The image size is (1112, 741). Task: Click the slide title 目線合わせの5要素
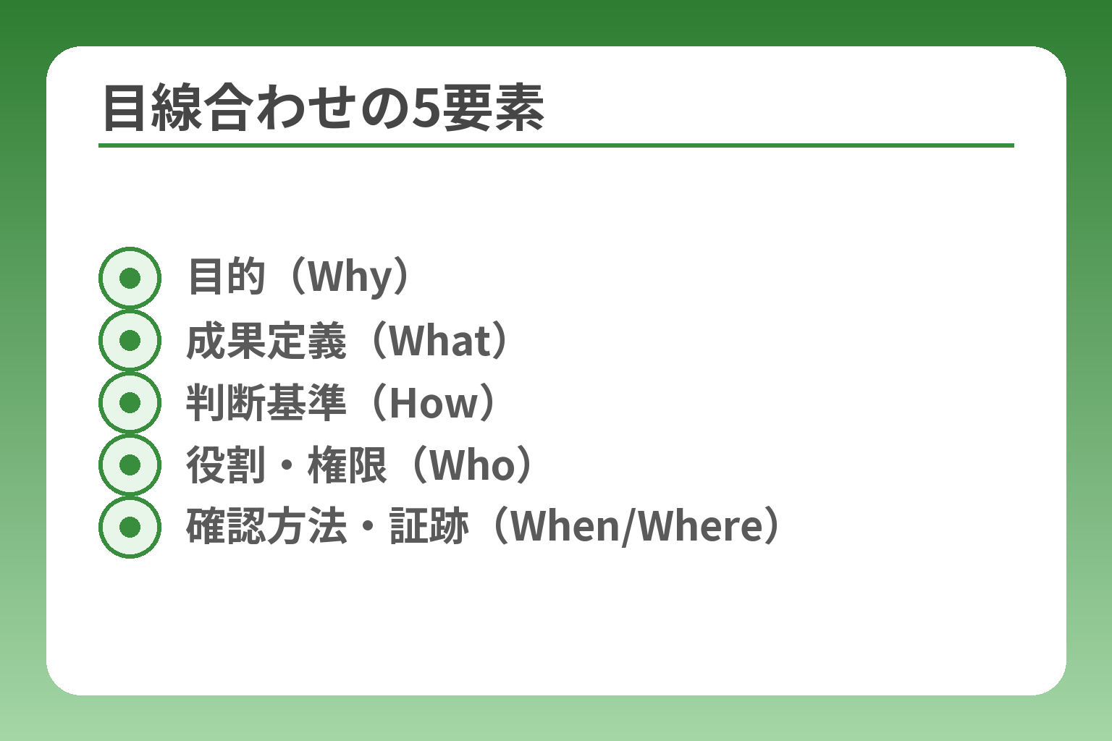[323, 109]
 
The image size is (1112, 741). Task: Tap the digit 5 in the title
[427, 109]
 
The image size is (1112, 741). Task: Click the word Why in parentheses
[350, 277]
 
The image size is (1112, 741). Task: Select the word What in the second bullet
[440, 340]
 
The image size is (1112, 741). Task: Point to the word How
[434, 403]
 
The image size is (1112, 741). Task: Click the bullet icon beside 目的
[130, 278]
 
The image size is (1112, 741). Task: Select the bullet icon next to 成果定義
[130, 340]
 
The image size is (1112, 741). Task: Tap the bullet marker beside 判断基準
[130, 402]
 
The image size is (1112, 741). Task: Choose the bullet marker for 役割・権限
[130, 465]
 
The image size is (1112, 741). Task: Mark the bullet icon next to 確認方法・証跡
[130, 527]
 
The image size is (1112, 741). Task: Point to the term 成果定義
[266, 340]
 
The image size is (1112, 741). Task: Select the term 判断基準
[266, 403]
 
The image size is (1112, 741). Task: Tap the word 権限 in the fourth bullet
[347, 465]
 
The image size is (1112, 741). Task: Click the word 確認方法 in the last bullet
[266, 527]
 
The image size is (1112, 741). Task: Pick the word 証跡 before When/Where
[429, 527]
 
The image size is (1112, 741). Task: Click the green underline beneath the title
[556, 145]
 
